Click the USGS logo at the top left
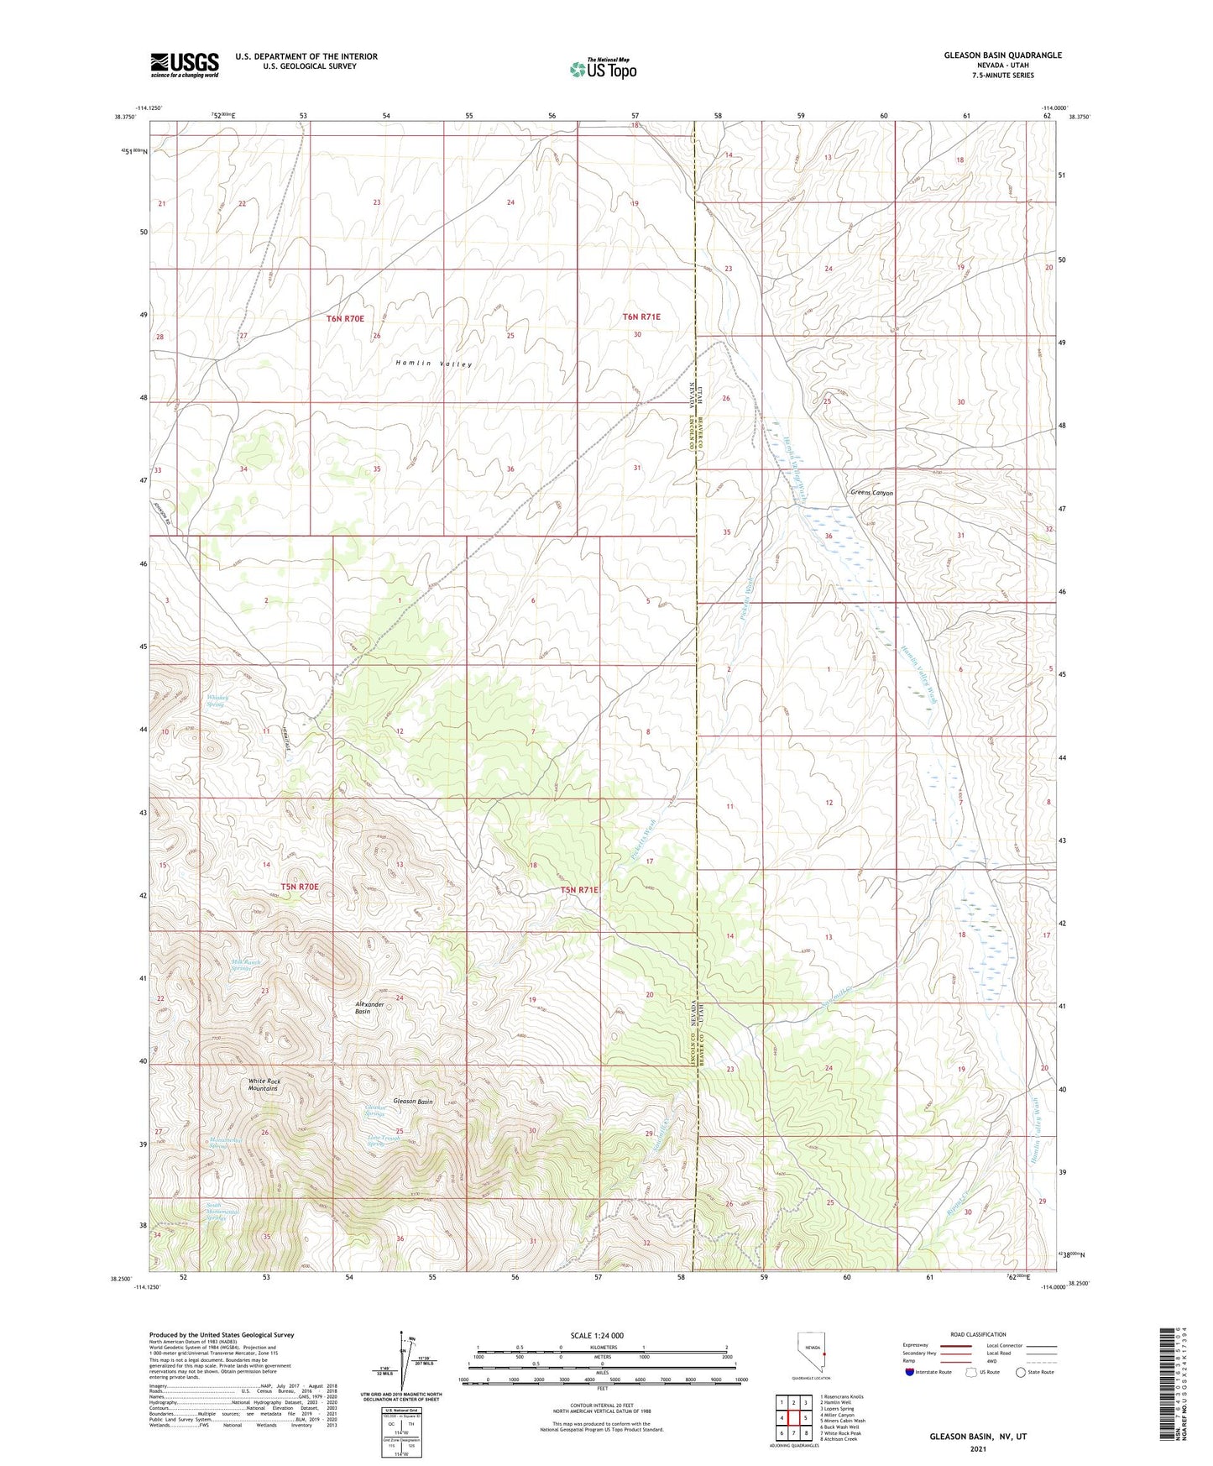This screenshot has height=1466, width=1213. coord(185,65)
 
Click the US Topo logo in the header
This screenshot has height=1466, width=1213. coord(604,69)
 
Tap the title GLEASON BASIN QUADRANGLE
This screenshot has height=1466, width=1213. coord(991,55)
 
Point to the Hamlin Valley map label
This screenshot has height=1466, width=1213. coord(434,364)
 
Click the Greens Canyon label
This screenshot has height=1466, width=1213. coord(871,493)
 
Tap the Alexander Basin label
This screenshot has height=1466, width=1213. coord(369,1008)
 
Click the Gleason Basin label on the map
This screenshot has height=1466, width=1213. coord(412,1101)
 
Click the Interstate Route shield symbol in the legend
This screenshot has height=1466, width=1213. coord(912,1372)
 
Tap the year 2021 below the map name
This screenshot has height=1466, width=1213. coord(977,1449)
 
